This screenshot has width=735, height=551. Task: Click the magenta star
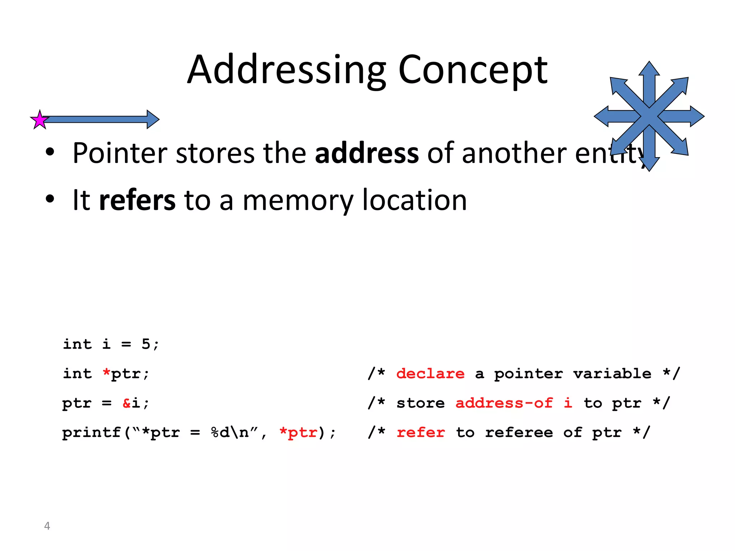pyautogui.click(x=39, y=120)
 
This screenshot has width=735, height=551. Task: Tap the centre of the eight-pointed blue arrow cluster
pyautogui.click(x=649, y=116)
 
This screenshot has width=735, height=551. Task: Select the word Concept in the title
pyautogui.click(x=473, y=70)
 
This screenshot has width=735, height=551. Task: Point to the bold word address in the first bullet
pyautogui.click(x=366, y=153)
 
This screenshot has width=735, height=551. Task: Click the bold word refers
pyautogui.click(x=137, y=200)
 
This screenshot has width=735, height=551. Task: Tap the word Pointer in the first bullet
pyautogui.click(x=120, y=153)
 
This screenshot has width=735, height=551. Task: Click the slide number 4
pyautogui.click(x=47, y=526)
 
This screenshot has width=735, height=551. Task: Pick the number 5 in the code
pyautogui.click(x=146, y=344)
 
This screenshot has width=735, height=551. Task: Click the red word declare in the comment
pyautogui.click(x=430, y=374)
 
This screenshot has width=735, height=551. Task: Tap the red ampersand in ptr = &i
pyautogui.click(x=127, y=403)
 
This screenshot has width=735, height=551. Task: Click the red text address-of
pyautogui.click(x=504, y=403)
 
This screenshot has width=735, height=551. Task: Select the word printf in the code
pyautogui.click(x=92, y=433)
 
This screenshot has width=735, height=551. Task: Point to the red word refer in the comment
pyautogui.click(x=421, y=433)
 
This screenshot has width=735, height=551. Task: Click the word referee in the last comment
pyautogui.click(x=519, y=433)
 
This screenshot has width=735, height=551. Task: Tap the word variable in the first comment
pyautogui.click(x=612, y=374)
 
